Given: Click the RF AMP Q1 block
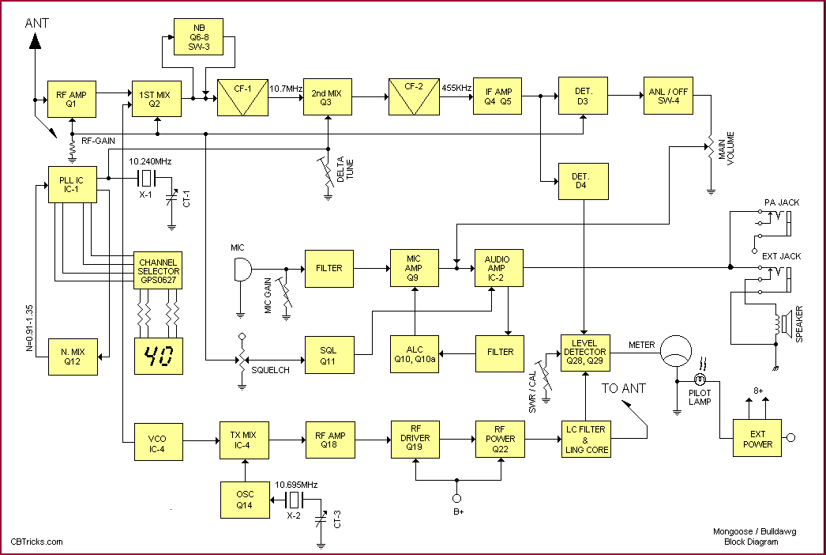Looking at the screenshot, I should pos(71,99).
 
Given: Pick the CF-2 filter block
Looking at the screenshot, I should pos(412,96).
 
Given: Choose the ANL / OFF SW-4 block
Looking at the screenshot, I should pos(666,96).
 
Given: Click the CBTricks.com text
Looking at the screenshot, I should pos(36,542).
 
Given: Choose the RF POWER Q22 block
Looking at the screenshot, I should pos(500,438).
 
